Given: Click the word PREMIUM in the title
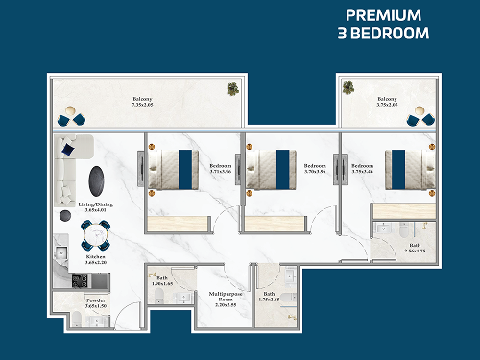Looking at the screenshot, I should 383,15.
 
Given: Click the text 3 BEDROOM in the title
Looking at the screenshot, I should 383,33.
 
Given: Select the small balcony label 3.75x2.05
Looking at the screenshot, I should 387,101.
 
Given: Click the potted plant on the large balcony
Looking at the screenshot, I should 232,89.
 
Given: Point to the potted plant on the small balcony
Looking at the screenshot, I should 348,89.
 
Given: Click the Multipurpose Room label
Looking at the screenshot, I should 225,299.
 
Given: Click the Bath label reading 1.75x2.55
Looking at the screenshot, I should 270,297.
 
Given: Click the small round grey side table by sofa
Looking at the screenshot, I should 64,217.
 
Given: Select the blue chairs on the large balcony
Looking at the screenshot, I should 71,120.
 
